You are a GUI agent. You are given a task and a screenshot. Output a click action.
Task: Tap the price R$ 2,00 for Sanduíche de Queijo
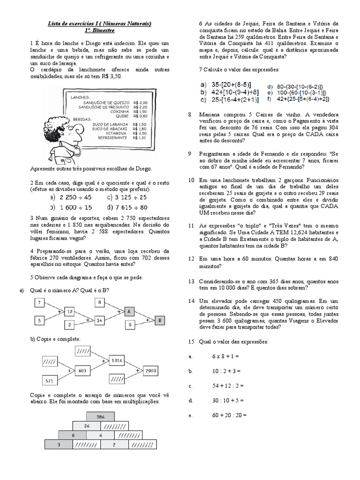(140, 103)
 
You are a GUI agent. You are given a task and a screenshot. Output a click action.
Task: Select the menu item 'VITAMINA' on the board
(116, 134)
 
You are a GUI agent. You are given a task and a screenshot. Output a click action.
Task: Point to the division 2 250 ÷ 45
(75, 197)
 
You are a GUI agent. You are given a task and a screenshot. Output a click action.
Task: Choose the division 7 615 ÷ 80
(131, 208)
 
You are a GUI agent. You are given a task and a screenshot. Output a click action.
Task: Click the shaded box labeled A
(129, 312)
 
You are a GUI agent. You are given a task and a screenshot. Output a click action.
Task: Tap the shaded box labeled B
(160, 321)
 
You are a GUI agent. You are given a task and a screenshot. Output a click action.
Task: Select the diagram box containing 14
(99, 321)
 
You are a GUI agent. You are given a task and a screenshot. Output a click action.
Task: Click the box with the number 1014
(117, 360)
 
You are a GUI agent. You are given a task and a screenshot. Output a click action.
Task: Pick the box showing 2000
(150, 371)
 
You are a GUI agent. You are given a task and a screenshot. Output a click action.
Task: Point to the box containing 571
(49, 381)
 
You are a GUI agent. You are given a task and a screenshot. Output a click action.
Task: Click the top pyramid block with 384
(100, 417)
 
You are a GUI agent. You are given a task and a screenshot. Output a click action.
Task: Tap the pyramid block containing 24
(87, 426)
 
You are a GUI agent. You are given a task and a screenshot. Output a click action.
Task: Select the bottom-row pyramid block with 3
(59, 444)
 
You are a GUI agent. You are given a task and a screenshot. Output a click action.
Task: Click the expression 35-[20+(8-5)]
(231, 85)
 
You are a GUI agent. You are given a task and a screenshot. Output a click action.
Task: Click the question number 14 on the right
(191, 301)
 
